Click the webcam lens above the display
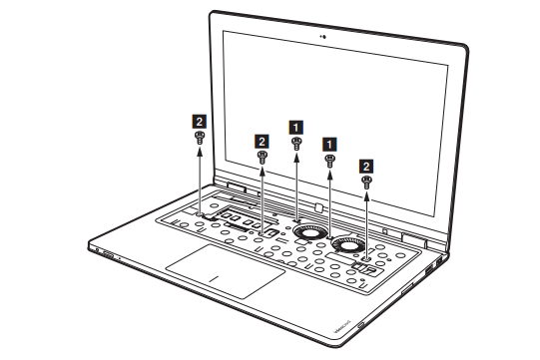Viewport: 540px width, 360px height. pos(323,37)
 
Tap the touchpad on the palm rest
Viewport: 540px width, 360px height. pos(226,271)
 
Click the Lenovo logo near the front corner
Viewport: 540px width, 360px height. pos(341,325)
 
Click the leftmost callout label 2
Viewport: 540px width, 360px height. pos(199,122)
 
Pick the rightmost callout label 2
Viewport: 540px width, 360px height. pos(366,167)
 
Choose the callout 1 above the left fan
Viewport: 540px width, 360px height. pos(295,128)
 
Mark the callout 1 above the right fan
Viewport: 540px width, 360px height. pos(329,145)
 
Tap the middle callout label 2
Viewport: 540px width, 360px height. pos(262,142)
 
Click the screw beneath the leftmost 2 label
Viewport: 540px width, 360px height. pos(200,138)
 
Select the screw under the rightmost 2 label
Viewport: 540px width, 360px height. pos(366,182)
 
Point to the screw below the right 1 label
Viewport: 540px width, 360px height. pos(329,161)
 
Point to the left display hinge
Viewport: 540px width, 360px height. pos(237,186)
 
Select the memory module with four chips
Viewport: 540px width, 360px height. pos(243,220)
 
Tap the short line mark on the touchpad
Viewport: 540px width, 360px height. pos(215,278)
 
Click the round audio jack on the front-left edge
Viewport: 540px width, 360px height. pos(98,249)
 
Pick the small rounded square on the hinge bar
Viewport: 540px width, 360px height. pos(318,206)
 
